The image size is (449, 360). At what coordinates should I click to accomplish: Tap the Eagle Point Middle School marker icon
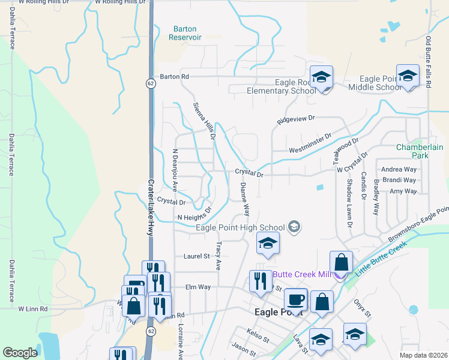coord(408,76)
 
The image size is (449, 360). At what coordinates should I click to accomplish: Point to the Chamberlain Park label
coord(412,151)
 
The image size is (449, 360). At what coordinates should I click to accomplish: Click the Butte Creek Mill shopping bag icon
coord(341,262)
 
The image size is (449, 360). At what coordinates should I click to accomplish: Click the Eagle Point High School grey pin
coord(294,227)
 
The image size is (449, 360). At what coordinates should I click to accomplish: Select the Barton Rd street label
coord(174,77)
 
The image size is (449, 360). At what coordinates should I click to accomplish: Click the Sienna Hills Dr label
coord(204,121)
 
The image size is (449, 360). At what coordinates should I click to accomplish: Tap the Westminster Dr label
coord(310,144)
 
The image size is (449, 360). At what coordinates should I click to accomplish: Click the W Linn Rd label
coord(32,309)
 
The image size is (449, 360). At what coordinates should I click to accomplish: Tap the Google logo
coord(20,353)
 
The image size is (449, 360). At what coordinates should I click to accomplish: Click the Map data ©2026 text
coord(423,355)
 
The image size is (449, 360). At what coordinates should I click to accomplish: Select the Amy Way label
coord(403,191)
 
